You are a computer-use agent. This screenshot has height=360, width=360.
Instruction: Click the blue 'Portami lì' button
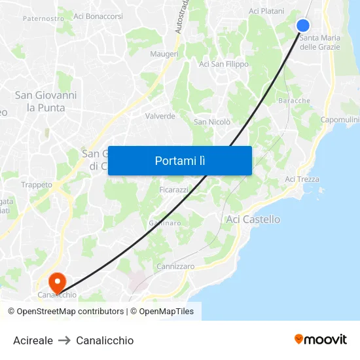tap(179, 160)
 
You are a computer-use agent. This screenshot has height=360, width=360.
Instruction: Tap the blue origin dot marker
tap(303, 26)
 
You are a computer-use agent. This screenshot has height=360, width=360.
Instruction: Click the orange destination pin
tap(58, 282)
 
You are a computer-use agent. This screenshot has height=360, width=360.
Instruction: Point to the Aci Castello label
tap(253, 219)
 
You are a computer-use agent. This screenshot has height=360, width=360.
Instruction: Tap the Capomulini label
tap(340, 120)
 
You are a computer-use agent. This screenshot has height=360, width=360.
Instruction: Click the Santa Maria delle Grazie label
tap(319, 43)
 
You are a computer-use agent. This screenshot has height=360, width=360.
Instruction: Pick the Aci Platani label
tap(266, 11)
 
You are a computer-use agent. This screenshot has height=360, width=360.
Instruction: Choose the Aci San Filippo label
tap(223, 64)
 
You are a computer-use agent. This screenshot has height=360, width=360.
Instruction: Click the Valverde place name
tap(160, 117)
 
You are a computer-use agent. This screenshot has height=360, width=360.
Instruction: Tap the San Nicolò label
tap(212, 122)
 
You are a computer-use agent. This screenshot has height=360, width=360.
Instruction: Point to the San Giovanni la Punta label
tap(46, 101)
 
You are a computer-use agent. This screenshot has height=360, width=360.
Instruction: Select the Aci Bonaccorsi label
tap(98, 16)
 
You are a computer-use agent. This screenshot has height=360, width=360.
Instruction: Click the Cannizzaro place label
tap(175, 266)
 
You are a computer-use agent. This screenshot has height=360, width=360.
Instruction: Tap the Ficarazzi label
tap(174, 189)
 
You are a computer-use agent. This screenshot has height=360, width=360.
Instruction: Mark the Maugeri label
tap(164, 54)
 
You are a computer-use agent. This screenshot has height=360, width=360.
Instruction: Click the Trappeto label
tap(37, 185)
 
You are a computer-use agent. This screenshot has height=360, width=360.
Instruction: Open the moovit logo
tap(320, 340)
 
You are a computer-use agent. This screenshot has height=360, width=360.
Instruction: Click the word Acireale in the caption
tap(33, 340)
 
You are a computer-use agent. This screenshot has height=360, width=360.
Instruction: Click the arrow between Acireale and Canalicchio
tap(64, 340)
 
